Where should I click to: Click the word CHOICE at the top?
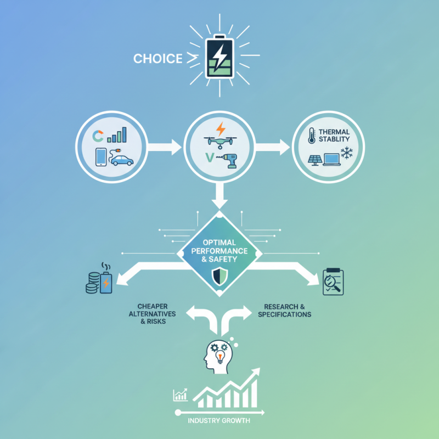(157, 59)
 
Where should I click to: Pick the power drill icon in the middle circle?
(230, 160)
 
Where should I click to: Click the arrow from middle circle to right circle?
(273, 147)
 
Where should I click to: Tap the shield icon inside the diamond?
(219, 274)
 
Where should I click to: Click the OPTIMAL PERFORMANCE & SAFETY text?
(219, 250)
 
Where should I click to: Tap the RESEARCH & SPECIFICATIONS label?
(287, 311)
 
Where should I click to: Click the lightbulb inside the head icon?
(221, 357)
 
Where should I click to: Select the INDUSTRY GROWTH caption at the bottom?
(219, 421)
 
